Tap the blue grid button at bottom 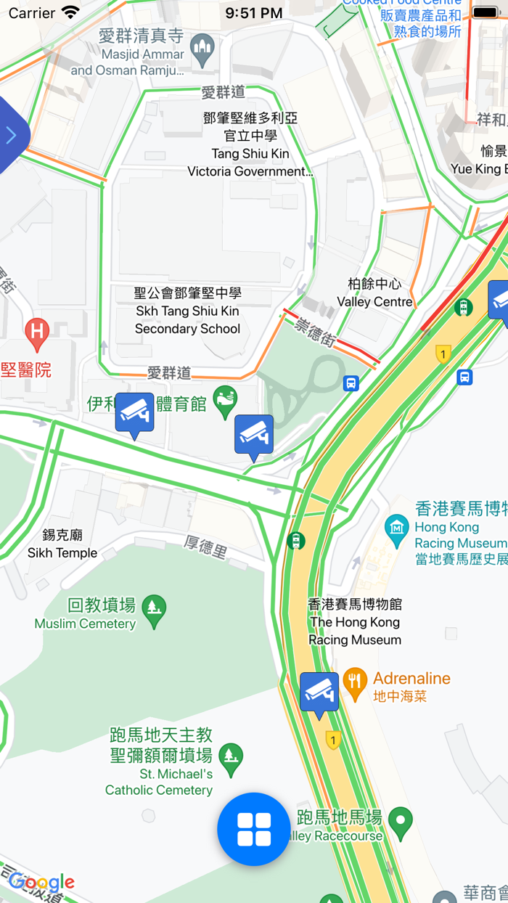tap(253, 829)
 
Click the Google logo tap(41, 883)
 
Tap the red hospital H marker tap(37, 332)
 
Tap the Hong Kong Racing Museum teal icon tap(396, 528)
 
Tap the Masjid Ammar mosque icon tap(202, 49)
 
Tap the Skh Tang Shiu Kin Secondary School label tap(188, 311)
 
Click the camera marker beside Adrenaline tap(319, 692)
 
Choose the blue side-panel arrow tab tap(12, 135)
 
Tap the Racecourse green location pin tap(400, 820)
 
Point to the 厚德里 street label tap(205, 547)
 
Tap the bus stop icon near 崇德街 tap(351, 383)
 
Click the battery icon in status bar tap(485, 13)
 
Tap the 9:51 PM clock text tap(253, 13)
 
